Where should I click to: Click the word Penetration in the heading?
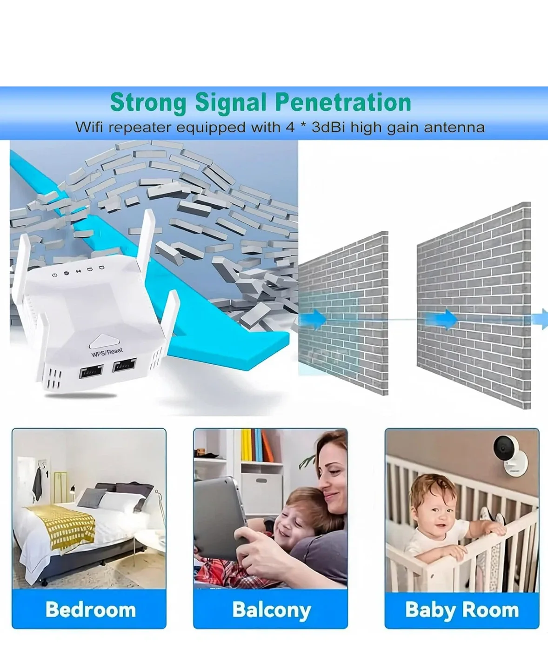coord(343,102)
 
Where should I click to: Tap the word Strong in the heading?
coord(148,102)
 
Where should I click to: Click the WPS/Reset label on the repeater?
coord(107,352)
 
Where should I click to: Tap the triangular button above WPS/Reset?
coord(103,342)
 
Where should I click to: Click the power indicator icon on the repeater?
coord(54,275)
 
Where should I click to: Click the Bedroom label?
coord(90,610)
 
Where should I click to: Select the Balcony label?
coord(271,610)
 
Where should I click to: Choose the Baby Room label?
coord(461,610)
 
